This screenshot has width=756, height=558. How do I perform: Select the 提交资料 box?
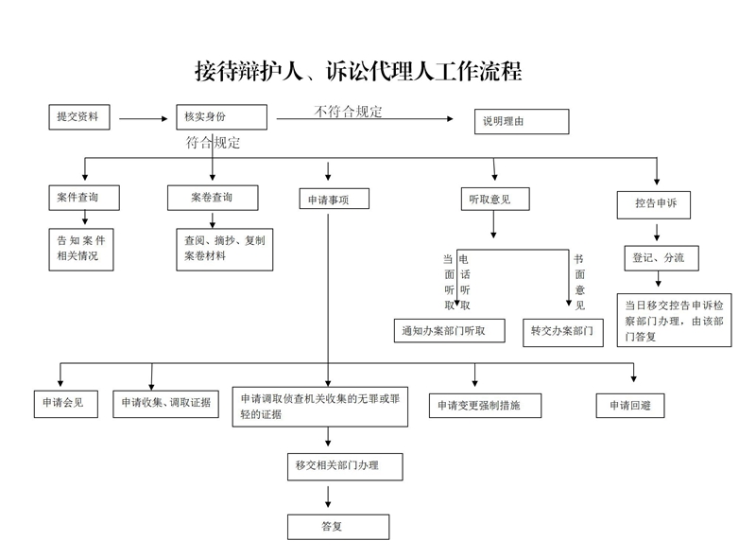point(80,117)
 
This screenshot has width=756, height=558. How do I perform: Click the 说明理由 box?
point(521,121)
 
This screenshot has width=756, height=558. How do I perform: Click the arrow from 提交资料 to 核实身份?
point(143,119)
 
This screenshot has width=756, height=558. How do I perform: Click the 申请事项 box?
point(332,200)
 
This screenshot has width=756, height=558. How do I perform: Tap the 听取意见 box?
point(493,198)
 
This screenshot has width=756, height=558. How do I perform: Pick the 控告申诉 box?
point(656,202)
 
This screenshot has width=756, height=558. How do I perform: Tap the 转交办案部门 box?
point(562,331)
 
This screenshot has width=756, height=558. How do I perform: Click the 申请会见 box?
point(63,402)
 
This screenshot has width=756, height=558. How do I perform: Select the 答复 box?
point(337,526)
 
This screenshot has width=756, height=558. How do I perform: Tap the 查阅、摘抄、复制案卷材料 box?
point(224,248)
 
